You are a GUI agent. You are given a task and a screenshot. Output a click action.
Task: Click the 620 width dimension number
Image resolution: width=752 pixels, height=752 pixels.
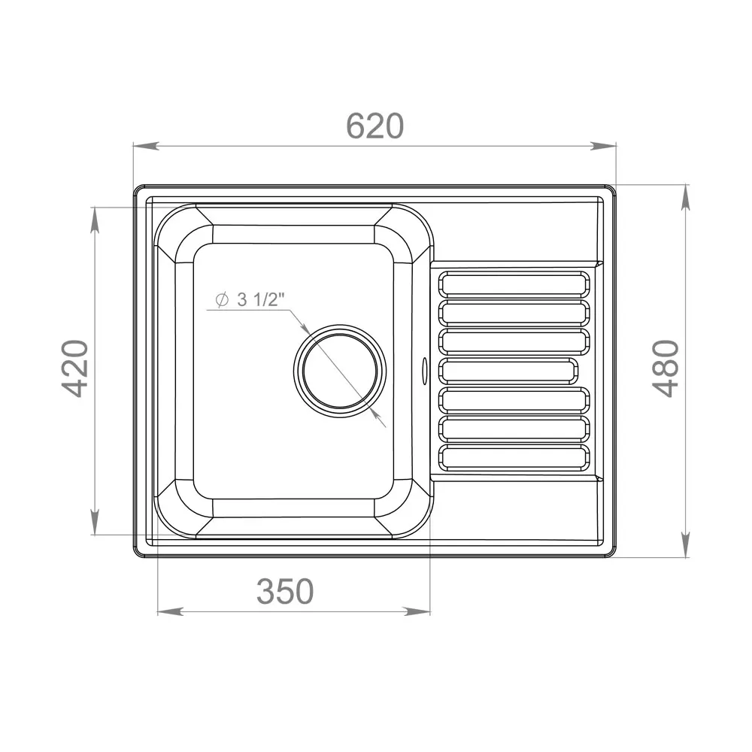pyautogui.click(x=374, y=126)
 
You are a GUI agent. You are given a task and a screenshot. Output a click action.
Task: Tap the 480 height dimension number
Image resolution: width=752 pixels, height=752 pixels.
pyautogui.click(x=666, y=368)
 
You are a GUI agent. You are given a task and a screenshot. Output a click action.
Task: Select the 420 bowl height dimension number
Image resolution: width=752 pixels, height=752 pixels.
pyautogui.click(x=76, y=368)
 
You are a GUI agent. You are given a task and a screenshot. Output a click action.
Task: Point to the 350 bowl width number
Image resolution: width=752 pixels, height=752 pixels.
pyautogui.click(x=285, y=591)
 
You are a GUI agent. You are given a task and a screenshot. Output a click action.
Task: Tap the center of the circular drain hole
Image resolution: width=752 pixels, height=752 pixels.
pyautogui.click(x=340, y=371)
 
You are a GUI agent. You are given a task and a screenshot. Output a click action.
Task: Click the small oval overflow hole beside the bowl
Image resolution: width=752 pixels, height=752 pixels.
pyautogui.click(x=424, y=370)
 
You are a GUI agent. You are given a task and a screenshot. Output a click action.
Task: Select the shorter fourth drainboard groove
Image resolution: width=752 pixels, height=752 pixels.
pyautogui.click(x=508, y=371)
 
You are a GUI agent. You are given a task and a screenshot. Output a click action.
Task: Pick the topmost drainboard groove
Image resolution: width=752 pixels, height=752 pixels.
pyautogui.click(x=514, y=284)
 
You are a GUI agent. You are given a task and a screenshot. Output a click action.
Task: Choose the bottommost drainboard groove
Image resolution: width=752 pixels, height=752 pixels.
pyautogui.click(x=514, y=457)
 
